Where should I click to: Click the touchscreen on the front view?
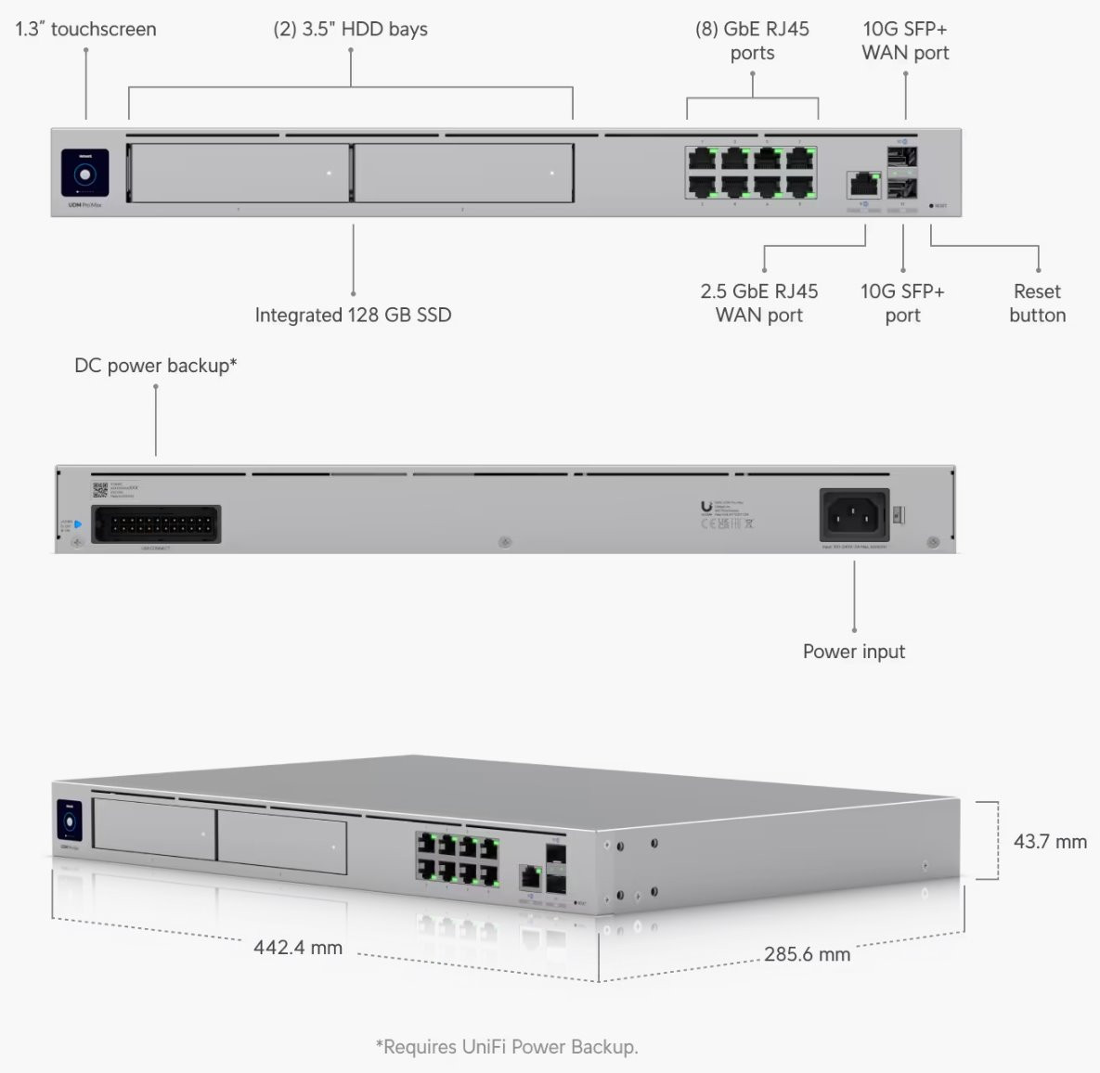point(85,173)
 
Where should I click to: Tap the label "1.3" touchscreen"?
point(85,29)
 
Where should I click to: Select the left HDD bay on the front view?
point(239,173)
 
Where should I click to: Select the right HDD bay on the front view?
point(463,173)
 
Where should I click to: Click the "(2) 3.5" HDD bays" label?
point(350,29)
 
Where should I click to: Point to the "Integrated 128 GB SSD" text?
point(353,315)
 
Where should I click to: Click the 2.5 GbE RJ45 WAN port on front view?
point(863,183)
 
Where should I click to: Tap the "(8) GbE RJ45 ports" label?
point(752,41)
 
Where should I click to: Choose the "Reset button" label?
point(1037,304)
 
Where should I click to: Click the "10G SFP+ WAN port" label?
point(905,41)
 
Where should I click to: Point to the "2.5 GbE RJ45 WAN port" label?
point(759,304)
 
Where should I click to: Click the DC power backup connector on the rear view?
point(157,524)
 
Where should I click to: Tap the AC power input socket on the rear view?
point(854,515)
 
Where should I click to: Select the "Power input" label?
point(853,652)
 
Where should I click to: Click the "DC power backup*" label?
point(155,366)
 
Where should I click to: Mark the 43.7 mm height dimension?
point(1050,842)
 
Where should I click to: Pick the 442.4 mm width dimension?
point(298,948)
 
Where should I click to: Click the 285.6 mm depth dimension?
point(807,954)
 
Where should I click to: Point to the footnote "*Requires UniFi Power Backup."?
point(507,1047)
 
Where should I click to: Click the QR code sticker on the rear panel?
point(100,490)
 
